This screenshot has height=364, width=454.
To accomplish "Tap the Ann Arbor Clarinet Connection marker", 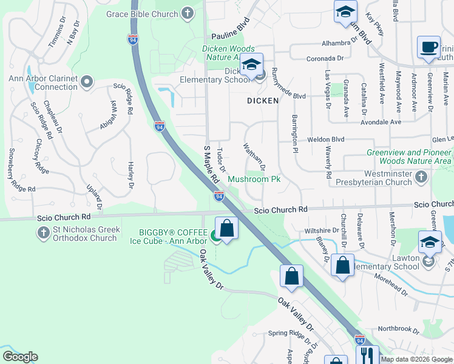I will point(87,81).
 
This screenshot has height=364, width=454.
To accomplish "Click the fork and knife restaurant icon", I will point(367,356).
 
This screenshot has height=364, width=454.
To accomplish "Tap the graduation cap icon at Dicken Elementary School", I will point(251,64).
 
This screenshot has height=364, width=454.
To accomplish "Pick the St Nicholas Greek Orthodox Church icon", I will point(43,232).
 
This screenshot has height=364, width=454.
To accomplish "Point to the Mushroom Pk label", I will point(254,180).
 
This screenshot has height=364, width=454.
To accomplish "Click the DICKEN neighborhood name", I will point(262,100).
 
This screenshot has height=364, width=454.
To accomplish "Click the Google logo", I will point(20,356).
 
